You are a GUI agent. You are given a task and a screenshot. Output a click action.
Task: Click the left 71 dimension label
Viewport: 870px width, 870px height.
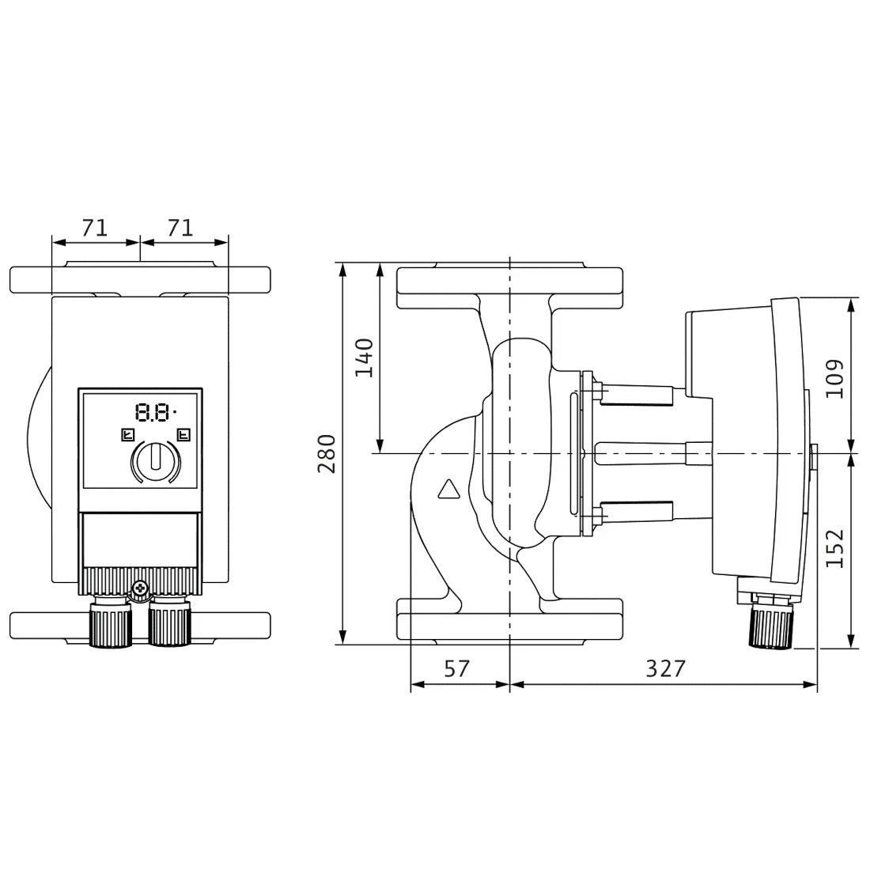pos(94,228)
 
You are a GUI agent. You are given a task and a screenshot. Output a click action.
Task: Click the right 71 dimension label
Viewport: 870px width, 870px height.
pos(180,228)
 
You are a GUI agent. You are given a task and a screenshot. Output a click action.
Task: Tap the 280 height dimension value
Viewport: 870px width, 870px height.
pos(327,453)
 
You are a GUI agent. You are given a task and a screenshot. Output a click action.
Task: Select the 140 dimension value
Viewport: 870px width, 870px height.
pos(364,357)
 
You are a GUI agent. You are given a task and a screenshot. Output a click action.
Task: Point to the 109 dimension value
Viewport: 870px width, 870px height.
pos(834,379)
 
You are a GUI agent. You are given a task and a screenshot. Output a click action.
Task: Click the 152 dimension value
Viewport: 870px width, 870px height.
pos(834,548)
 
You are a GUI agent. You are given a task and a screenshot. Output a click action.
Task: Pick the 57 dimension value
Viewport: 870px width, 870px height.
pos(457,668)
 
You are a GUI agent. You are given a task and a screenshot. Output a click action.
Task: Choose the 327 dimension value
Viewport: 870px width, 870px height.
pos(666,668)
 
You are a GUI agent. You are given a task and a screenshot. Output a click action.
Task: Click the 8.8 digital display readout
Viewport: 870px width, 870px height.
pos(155,412)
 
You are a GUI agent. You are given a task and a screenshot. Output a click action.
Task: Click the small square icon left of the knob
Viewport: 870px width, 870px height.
pos(127,434)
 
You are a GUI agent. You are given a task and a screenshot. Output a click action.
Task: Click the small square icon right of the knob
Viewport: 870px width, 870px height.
pos(183,434)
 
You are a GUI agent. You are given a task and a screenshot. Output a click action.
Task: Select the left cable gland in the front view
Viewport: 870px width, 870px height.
pos(111,622)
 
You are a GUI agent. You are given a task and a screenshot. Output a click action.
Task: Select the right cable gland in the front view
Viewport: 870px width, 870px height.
pos(170,622)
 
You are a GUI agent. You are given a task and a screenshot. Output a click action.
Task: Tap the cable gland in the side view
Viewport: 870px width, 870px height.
pos(771,622)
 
